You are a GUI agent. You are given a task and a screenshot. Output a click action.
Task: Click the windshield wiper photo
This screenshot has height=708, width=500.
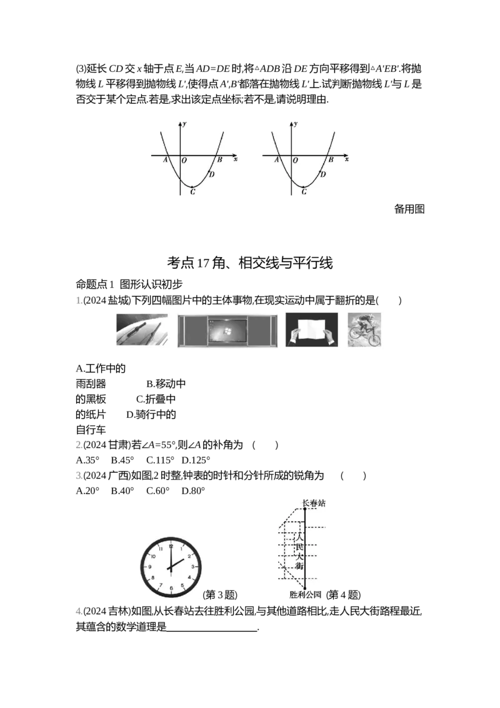click(x=142, y=330)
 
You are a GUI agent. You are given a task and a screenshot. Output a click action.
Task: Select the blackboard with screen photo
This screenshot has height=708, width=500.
click(x=227, y=331)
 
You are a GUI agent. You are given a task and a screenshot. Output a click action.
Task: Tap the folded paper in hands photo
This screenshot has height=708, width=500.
click(x=311, y=330)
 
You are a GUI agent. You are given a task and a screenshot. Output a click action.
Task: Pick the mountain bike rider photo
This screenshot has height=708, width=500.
click(x=364, y=330)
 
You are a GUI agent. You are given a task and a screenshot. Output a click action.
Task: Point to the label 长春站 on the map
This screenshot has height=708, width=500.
click(x=314, y=503)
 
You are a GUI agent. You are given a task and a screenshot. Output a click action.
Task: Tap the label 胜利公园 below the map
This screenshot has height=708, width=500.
click(x=305, y=594)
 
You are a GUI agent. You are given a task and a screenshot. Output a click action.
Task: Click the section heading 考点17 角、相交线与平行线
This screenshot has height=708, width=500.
click(x=249, y=263)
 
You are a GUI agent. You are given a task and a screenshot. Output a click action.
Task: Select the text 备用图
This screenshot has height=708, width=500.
click(x=409, y=209)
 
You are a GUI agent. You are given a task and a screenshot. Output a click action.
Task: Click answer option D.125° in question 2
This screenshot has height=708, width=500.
click(x=196, y=460)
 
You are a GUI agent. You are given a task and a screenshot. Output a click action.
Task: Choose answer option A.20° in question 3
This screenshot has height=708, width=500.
click(x=87, y=491)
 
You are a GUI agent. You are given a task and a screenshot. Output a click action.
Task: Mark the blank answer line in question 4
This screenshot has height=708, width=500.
click(x=212, y=630)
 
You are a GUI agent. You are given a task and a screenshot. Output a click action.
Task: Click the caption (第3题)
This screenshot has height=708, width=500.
click(x=220, y=594)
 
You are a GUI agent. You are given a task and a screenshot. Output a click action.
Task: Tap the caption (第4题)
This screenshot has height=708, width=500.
click(x=343, y=594)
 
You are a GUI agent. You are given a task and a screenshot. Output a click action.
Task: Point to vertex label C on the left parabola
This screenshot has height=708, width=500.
click(x=192, y=192)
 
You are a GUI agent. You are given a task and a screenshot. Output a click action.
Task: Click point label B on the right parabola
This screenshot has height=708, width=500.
click(x=331, y=159)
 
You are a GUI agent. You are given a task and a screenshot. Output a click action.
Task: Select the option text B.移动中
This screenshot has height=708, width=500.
click(x=166, y=384)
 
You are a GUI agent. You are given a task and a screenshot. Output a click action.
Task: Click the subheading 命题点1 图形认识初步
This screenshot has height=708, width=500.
click(x=129, y=284)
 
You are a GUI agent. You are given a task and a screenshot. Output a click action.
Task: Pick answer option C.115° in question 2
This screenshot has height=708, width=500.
click(x=160, y=460)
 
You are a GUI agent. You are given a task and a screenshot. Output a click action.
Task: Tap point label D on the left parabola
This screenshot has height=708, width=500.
click(x=212, y=174)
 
